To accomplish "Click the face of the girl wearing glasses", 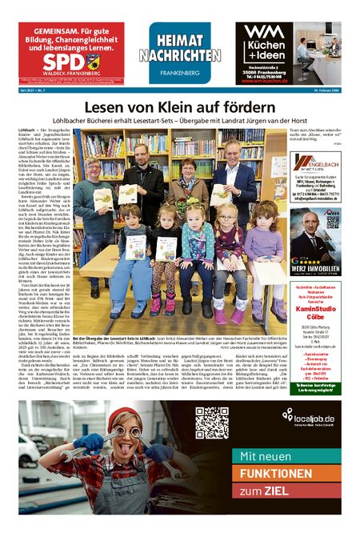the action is click(x=227, y=215).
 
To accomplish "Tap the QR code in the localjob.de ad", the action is click(x=212, y=423).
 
